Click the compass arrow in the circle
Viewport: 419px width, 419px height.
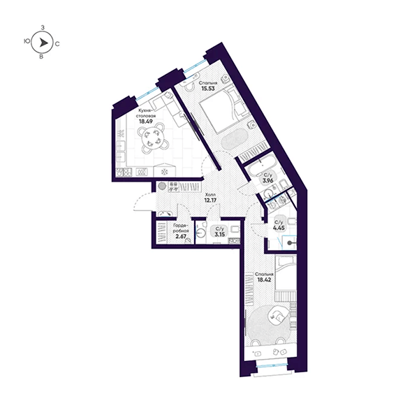click(43, 43)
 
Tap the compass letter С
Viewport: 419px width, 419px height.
click(57, 44)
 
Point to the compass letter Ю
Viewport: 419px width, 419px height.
click(27, 41)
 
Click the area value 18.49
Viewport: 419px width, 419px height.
click(146, 122)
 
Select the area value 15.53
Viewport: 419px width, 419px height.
click(208, 89)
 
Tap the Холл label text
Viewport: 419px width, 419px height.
click(210, 195)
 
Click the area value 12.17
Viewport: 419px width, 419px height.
click(210, 200)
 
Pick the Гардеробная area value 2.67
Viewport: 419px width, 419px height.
click(181, 237)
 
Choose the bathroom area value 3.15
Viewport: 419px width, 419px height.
click(220, 235)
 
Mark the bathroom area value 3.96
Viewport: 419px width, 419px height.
click(267, 180)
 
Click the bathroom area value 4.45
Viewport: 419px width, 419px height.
click(279, 228)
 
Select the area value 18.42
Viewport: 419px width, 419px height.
click(264, 280)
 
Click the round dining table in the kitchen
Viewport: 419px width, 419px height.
click(152, 138)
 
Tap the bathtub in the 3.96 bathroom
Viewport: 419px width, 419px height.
click(261, 167)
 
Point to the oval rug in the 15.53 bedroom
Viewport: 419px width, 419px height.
click(235, 140)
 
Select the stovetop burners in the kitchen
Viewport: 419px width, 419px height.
click(124, 172)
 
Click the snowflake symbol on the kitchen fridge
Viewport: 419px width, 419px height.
click(164, 172)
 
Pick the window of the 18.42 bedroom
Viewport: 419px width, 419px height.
click(272, 366)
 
